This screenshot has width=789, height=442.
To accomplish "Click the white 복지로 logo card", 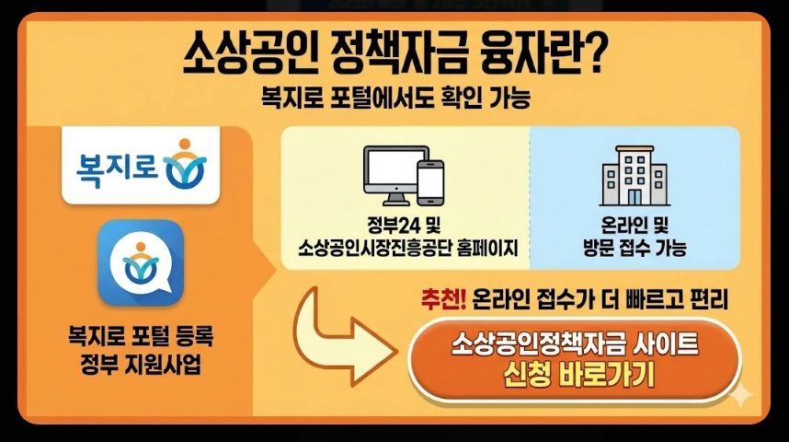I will [141, 165].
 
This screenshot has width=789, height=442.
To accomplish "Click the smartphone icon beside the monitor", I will [430, 182].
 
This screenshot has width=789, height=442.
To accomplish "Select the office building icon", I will [635, 179].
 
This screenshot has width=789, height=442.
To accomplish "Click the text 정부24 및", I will [406, 227].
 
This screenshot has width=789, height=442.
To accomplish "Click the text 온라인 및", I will [635, 227].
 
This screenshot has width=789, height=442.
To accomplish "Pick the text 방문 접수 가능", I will [635, 248].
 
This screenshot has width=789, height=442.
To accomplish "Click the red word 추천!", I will [443, 300].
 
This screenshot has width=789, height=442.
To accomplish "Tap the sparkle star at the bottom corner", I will [740, 396].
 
